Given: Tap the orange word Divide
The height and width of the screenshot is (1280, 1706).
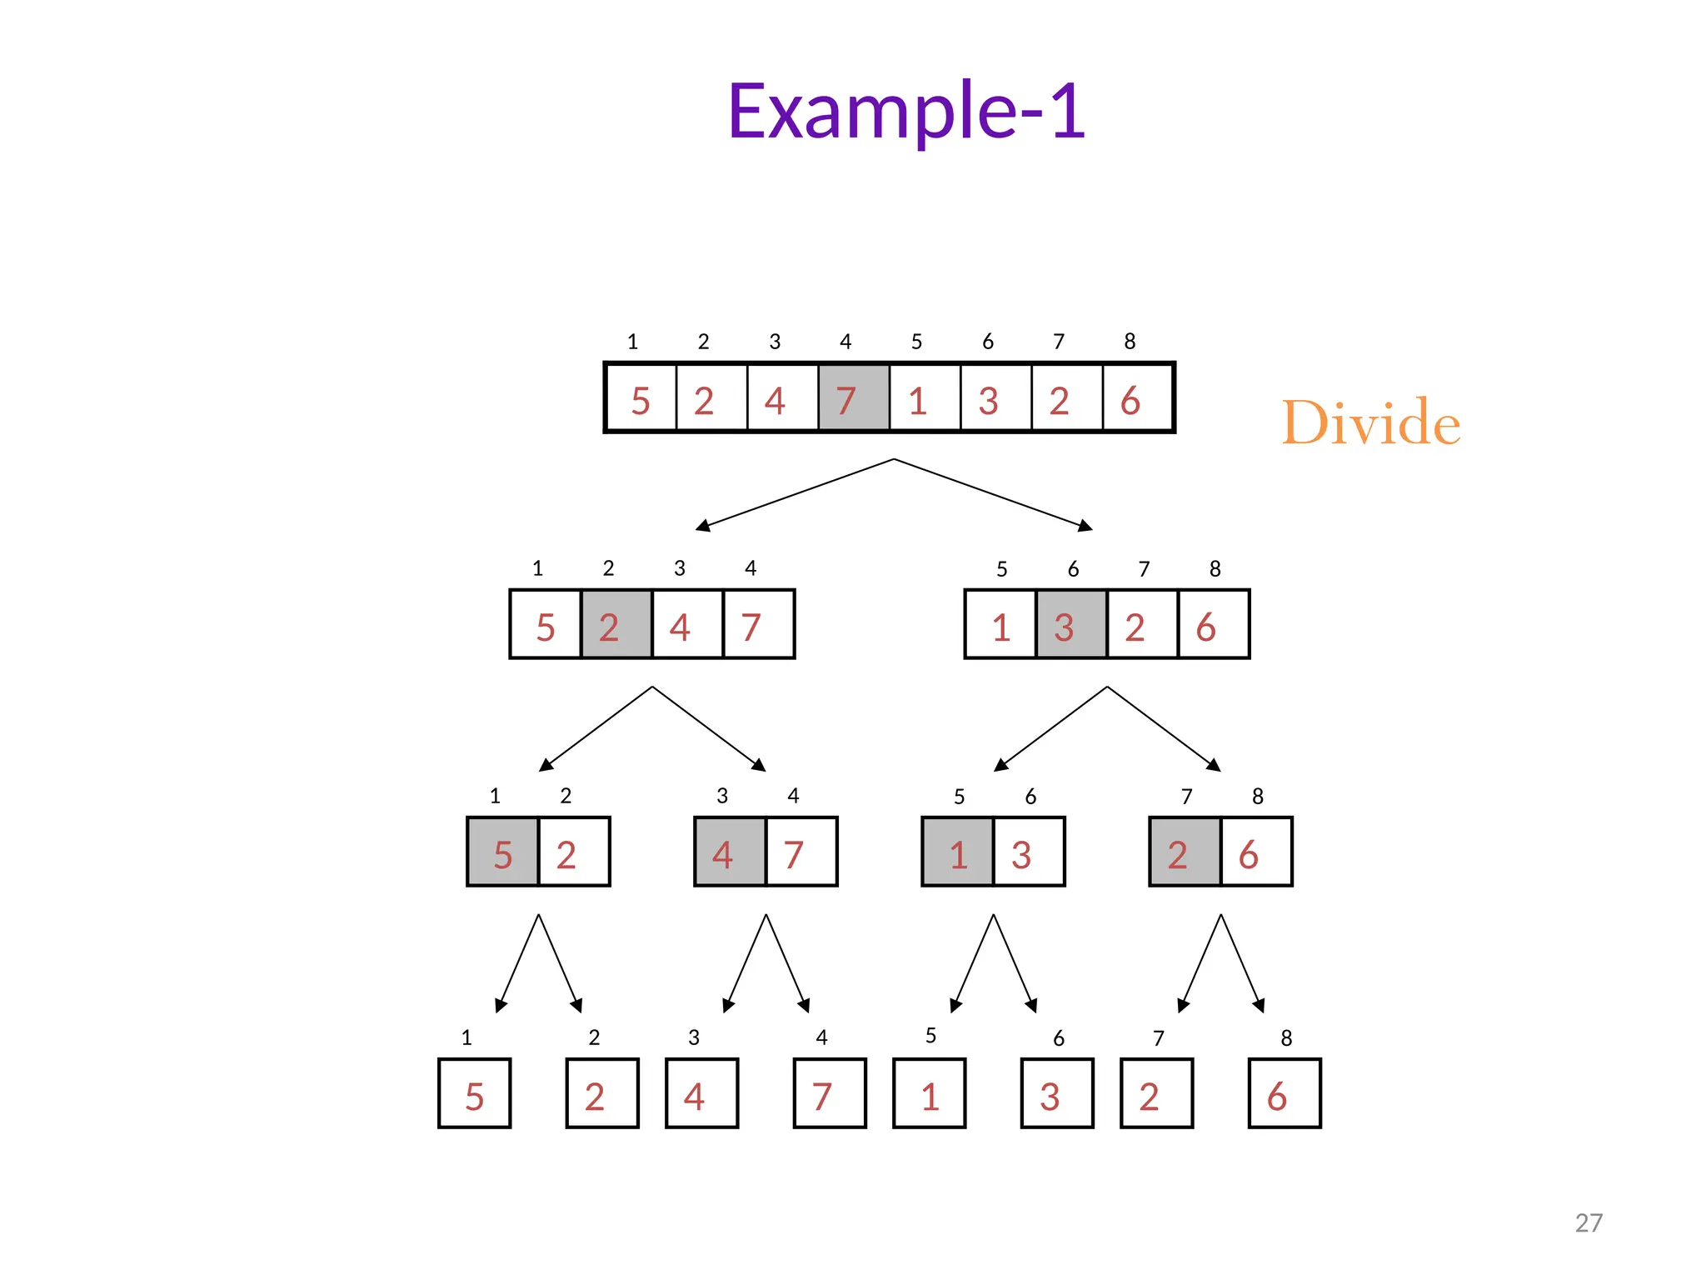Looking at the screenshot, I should (1370, 422).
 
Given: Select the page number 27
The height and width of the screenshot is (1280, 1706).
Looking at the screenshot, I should (1588, 1222).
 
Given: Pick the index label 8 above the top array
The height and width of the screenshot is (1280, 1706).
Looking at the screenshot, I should (1130, 342).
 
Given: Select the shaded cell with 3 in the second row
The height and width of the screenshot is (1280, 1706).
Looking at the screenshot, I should (1071, 625).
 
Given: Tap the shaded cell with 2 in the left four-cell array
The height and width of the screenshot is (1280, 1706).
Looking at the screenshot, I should (616, 625).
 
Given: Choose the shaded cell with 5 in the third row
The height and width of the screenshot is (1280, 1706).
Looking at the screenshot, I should (502, 852).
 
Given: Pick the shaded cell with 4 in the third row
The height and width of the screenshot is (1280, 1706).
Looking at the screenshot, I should (730, 852).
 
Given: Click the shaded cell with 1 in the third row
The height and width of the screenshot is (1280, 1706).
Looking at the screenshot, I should (957, 852).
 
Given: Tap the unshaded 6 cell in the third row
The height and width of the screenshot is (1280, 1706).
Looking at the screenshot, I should (1256, 852).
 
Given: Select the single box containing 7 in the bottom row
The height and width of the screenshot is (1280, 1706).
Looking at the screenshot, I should (830, 1093).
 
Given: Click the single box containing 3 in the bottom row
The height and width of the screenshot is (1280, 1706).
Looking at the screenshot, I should (1057, 1093).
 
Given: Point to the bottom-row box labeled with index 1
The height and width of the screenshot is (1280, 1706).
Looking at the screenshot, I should (474, 1093).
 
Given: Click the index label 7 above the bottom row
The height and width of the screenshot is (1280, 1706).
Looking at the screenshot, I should (1158, 1038).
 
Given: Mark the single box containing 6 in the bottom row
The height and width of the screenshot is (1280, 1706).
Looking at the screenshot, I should (1284, 1093).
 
